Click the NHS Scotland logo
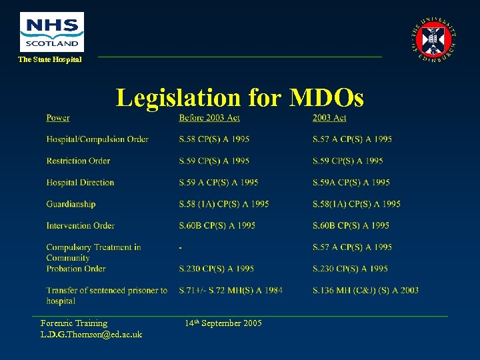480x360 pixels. point(52,31)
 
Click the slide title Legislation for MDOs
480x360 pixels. point(240,98)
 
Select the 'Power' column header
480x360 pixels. point(58,118)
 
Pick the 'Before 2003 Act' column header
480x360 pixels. point(209,118)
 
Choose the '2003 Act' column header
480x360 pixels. point(329,118)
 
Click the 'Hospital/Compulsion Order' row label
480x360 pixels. point(97,139)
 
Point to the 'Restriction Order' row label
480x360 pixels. point(78,161)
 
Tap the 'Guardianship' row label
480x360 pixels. point(71,204)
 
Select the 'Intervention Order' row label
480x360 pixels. point(80,225)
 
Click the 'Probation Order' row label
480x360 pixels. point(76,269)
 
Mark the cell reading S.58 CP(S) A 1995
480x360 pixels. point(214,139)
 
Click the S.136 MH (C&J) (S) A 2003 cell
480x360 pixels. point(365,290)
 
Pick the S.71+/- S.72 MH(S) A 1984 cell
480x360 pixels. point(231,290)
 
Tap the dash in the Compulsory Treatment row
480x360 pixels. point(181,247)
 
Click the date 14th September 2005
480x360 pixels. point(223,323)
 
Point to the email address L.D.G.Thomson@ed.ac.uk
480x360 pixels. point(91,334)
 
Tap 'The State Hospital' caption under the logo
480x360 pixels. point(50,59)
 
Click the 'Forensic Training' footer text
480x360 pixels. point(74,323)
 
